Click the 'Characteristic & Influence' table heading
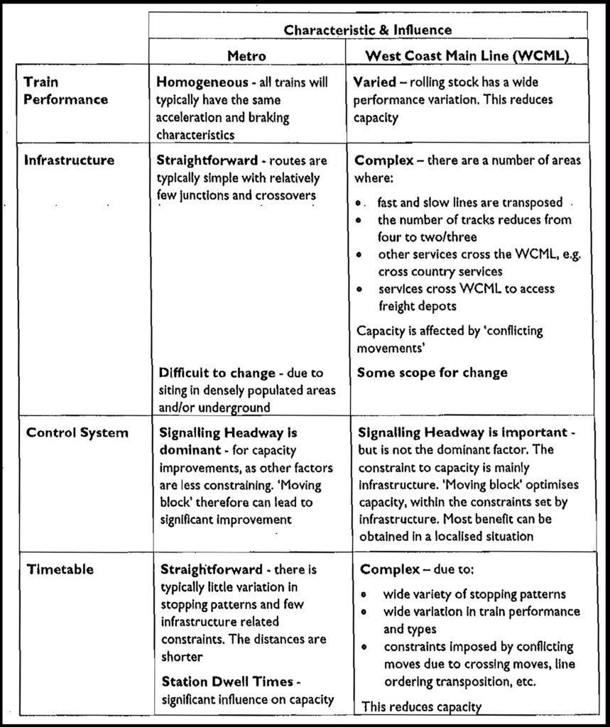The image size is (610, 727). (367, 29)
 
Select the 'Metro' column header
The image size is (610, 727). (246, 55)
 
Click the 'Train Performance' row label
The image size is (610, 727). (65, 91)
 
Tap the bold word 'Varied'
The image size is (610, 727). (374, 82)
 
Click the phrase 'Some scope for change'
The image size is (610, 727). (432, 373)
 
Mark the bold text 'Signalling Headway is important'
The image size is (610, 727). (462, 432)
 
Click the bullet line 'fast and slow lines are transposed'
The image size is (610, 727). (471, 202)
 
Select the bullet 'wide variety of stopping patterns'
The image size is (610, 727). (474, 594)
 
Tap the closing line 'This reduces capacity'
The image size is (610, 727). (422, 706)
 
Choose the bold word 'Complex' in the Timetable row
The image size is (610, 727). (383, 570)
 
